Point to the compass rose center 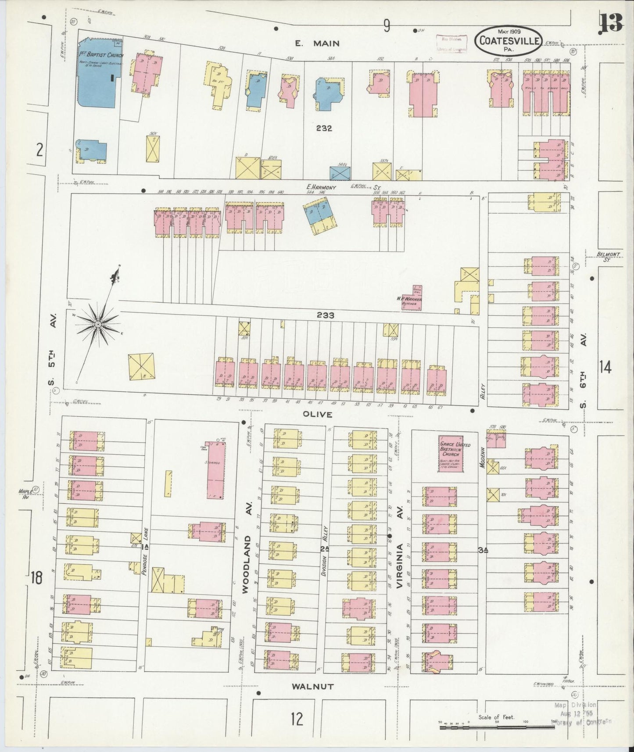tap(98, 324)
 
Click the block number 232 tap(324, 128)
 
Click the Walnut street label tap(314, 687)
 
